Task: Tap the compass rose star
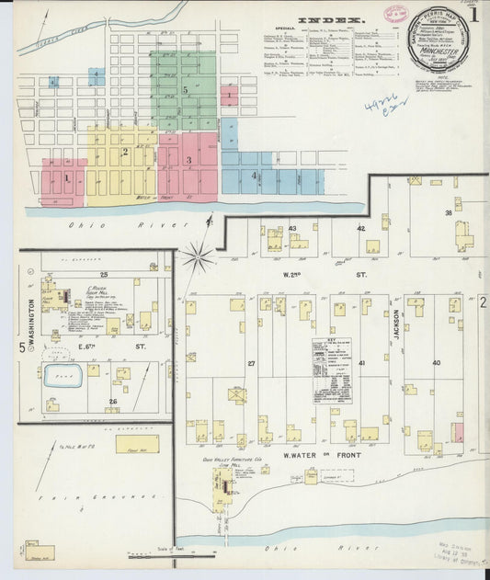point(197,256)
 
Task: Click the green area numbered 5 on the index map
point(185,90)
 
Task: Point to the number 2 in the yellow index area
point(124,152)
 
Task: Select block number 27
point(251,364)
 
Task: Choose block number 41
point(362,363)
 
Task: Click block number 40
point(436,363)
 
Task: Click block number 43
point(292,228)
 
